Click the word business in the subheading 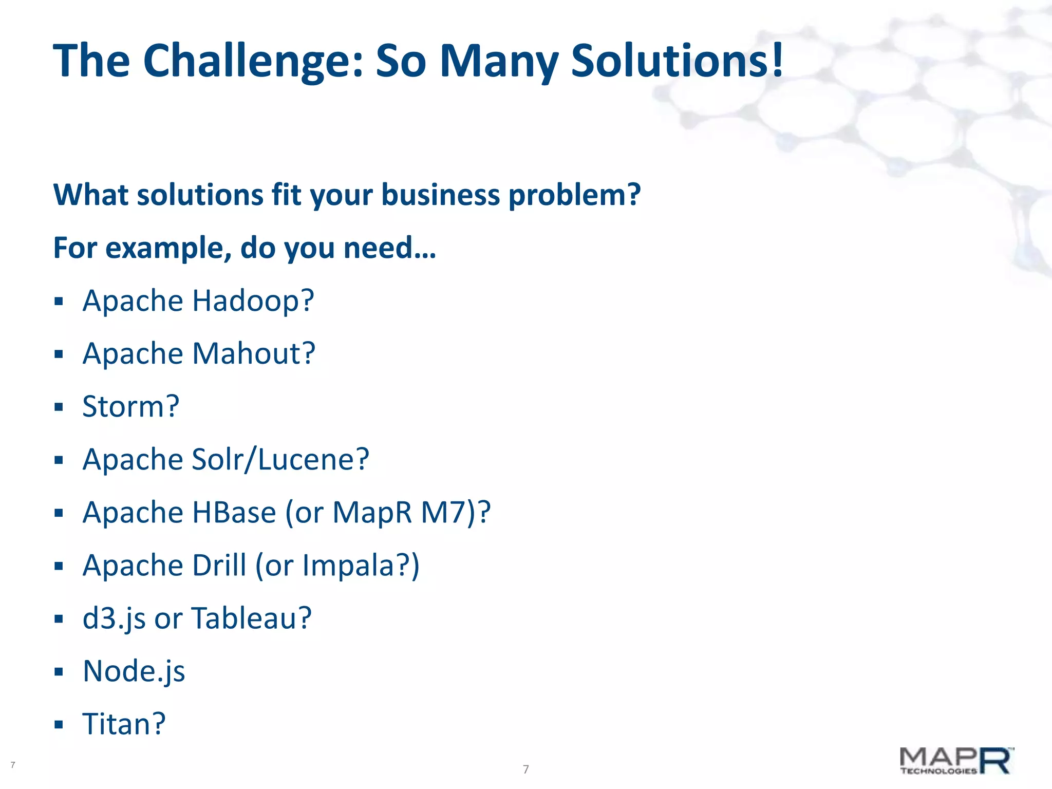[x=440, y=195]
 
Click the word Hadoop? [x=253, y=301]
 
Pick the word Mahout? [x=253, y=354]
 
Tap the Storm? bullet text [x=131, y=407]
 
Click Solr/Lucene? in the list [x=280, y=460]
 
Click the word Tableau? [x=252, y=618]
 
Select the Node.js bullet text [x=134, y=671]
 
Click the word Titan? [x=124, y=724]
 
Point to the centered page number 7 [x=525, y=769]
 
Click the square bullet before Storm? [x=59, y=407]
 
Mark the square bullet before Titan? [x=59, y=725]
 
